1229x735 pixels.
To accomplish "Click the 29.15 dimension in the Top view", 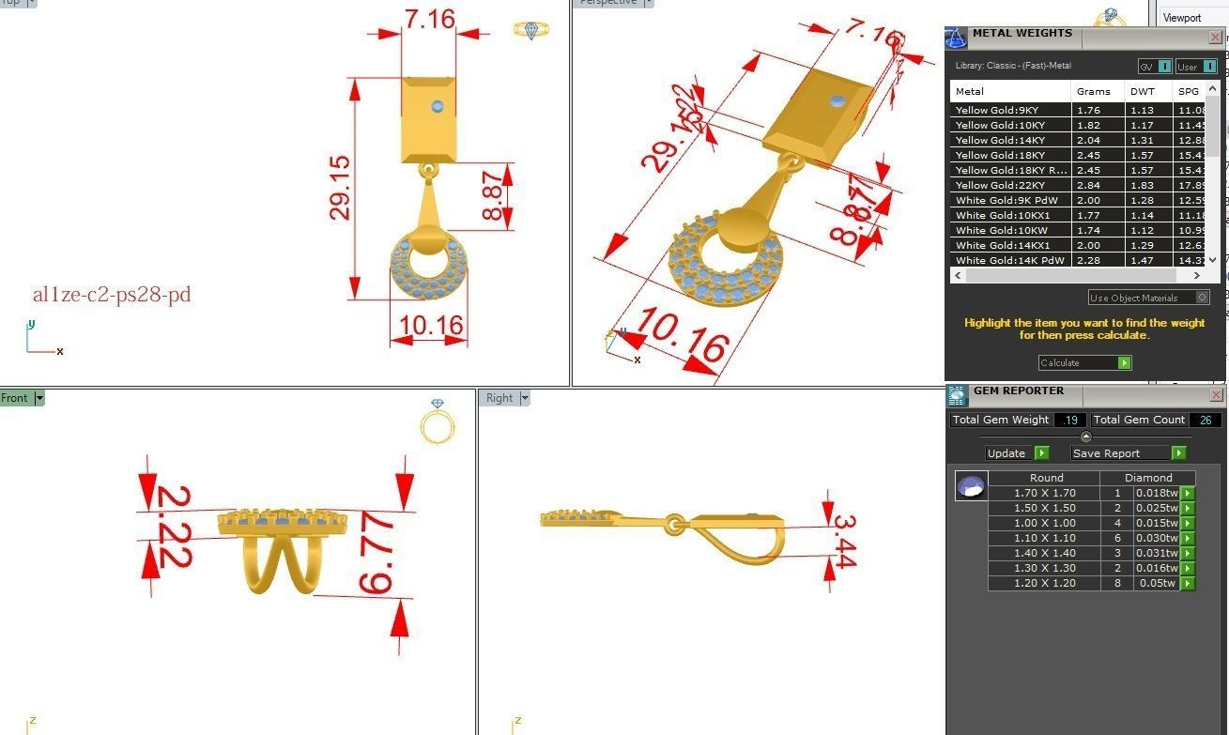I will pos(340,188).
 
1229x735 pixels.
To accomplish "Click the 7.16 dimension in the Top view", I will pos(430,19).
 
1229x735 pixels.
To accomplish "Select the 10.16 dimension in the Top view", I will pos(430,326).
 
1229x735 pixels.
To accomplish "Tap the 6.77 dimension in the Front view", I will pos(376,554).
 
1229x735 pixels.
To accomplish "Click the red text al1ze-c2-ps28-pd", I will pos(112,295).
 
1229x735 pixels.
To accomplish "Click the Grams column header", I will pos(1093,91).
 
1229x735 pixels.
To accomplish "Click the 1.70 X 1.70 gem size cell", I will pos(1045,493).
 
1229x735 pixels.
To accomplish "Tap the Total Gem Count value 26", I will pos(1205,420).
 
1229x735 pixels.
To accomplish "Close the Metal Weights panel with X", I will pos(1215,38).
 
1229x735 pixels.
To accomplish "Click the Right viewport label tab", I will pos(499,398).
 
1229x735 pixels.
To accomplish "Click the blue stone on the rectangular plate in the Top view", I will pos(438,106).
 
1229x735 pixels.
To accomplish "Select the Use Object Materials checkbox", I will pos(1202,298).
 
